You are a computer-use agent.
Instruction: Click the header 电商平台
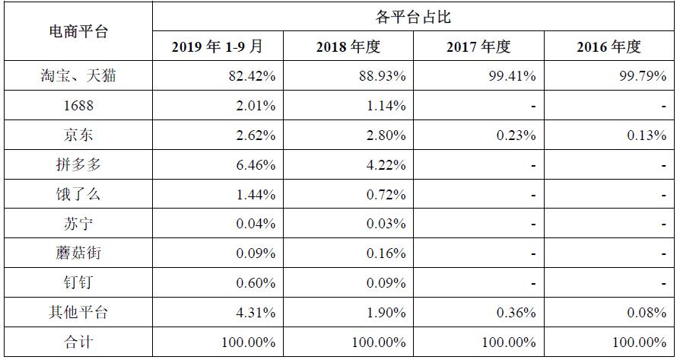(78, 32)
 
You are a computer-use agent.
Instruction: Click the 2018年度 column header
(348, 47)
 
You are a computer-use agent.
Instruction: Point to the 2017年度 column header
(478, 47)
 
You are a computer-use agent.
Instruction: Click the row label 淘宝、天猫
(78, 76)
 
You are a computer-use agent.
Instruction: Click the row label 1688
(78, 106)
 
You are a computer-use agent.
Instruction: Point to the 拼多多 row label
(78, 165)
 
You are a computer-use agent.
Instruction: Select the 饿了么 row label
(78, 195)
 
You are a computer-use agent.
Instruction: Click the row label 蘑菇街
(78, 253)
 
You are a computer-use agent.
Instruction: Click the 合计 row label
(78, 342)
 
